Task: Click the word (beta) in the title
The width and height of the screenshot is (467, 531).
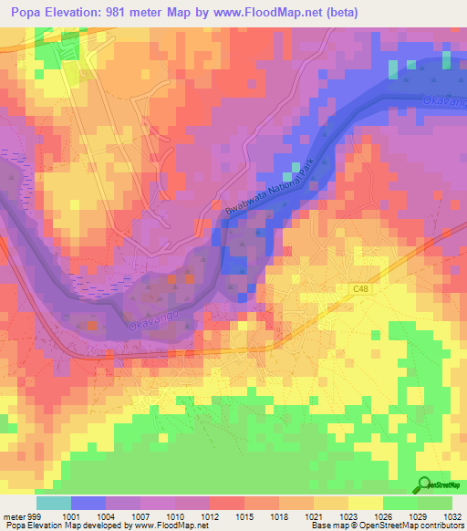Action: tap(337, 13)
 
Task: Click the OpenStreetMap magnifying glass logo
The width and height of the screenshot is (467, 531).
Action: tap(424, 485)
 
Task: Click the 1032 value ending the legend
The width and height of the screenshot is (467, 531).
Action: tap(453, 515)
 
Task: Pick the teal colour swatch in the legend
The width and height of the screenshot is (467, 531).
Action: tap(54, 503)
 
